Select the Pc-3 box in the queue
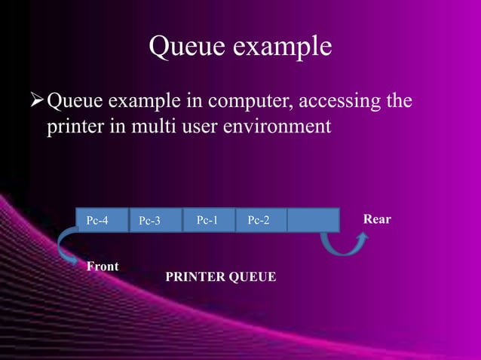pyautogui.click(x=156, y=220)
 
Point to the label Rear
pyautogui.click(x=377, y=219)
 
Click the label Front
pyautogui.click(x=103, y=266)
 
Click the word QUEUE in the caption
pyautogui.click(x=253, y=278)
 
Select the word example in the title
pyautogui.click(x=284, y=48)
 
